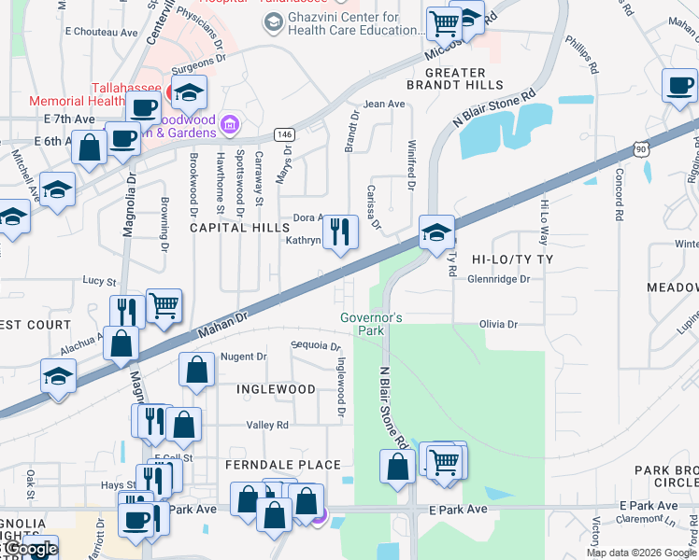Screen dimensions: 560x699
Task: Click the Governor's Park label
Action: coord(371,324)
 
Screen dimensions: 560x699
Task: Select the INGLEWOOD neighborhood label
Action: coord(275,388)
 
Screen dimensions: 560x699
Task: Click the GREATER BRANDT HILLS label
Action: coord(455,79)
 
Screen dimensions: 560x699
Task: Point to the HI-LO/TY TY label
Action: coord(513,259)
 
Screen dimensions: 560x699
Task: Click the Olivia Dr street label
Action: coord(498,324)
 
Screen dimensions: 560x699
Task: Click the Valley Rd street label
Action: coord(267,425)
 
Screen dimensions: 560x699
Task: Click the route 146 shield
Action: coord(285,135)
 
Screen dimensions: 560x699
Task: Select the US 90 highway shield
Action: coord(639,148)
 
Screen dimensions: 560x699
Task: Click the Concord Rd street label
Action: coord(619,194)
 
